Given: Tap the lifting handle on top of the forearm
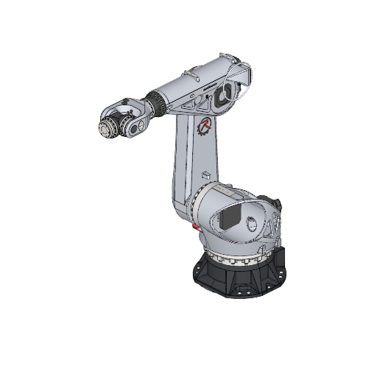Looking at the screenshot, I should pyautogui.click(x=193, y=76).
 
